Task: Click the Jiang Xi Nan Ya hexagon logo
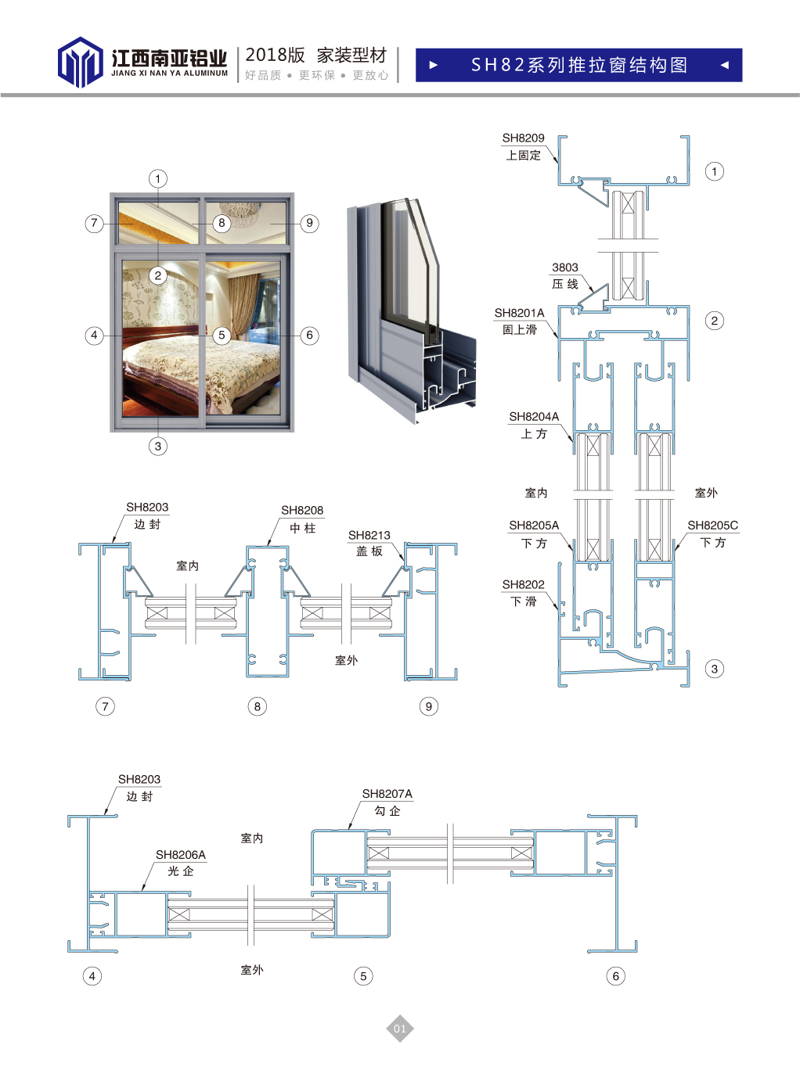80,62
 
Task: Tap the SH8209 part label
523,138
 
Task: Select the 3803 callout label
564,267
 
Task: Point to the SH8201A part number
519,313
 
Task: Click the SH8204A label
534,417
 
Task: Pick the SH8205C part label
712,526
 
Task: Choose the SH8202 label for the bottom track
523,584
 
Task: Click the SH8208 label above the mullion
302,510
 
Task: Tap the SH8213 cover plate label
369,536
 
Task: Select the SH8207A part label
387,794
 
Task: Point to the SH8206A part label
180,855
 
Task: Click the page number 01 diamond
399,1029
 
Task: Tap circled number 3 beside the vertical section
714,670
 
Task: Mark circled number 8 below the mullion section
257,706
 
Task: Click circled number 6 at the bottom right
615,976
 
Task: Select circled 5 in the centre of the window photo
222,335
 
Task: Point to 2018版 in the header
275,56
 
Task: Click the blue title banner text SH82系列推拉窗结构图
578,65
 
